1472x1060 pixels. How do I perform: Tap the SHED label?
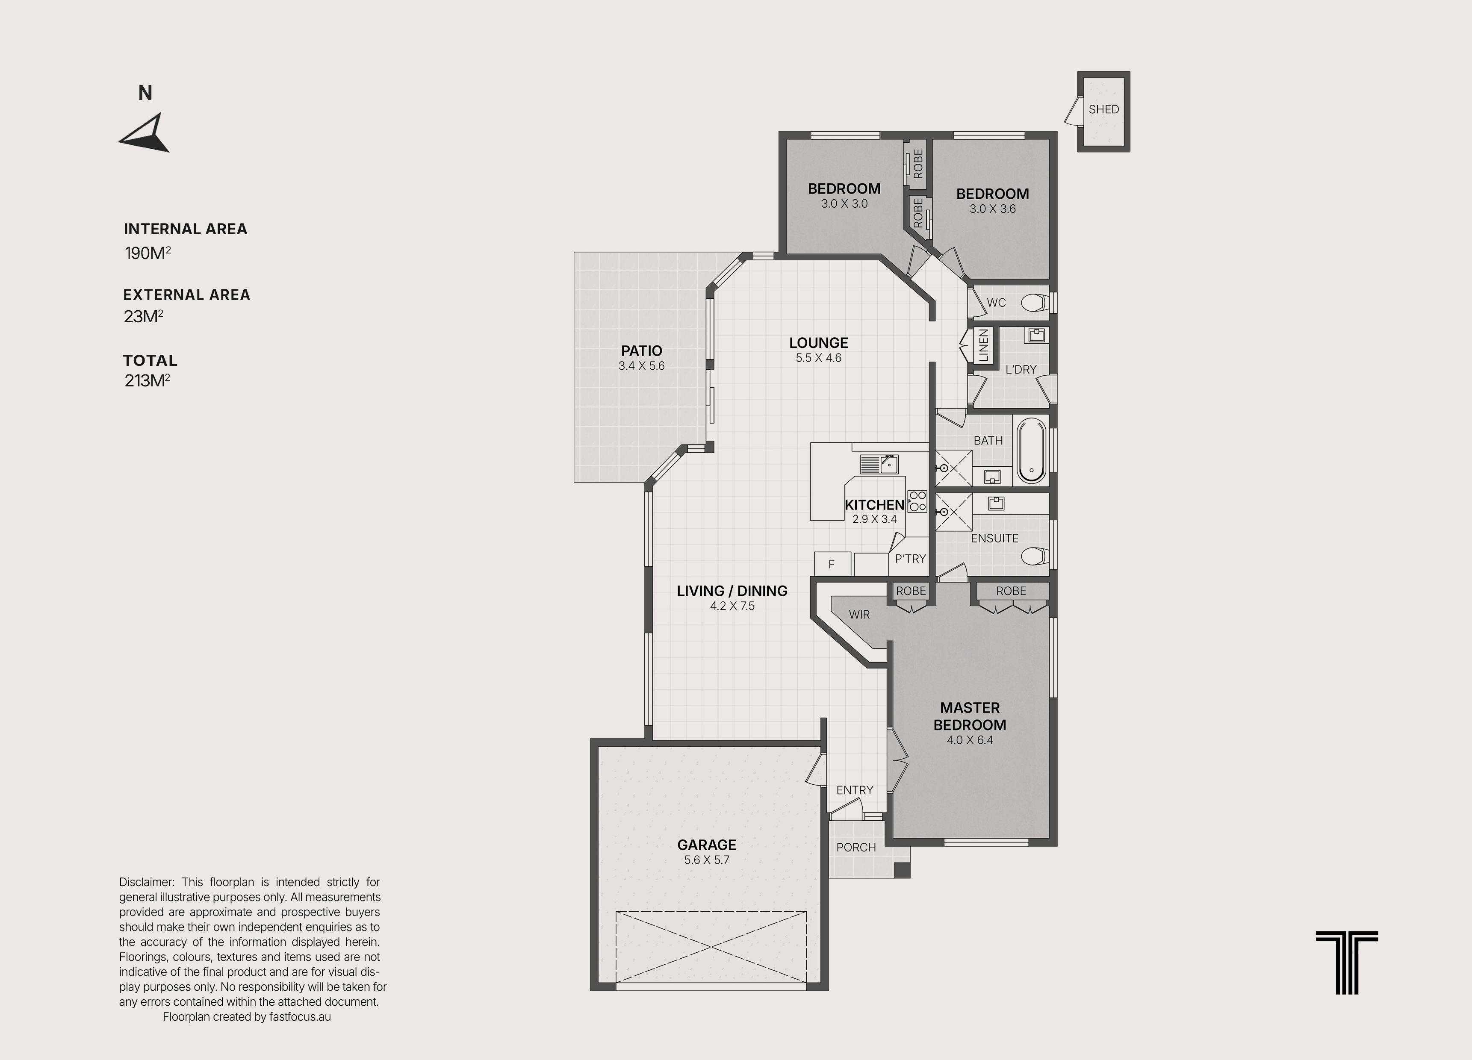point(1104,109)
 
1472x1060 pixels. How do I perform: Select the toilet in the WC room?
point(1033,302)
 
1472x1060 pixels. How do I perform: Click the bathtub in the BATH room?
point(1031,450)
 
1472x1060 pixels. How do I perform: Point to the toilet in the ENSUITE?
point(1034,556)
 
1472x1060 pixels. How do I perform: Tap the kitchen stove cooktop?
point(917,501)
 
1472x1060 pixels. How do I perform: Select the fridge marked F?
point(832,564)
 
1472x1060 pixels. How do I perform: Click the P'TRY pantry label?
point(910,559)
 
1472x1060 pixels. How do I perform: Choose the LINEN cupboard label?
point(983,345)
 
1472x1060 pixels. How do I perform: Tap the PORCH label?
point(856,847)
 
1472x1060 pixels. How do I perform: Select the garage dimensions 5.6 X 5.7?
point(707,860)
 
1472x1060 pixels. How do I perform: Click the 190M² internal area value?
point(147,252)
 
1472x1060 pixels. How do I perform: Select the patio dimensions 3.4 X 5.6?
point(641,366)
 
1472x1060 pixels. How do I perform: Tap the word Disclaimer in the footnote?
point(147,882)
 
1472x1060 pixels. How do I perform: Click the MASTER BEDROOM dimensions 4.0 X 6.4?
point(970,740)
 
